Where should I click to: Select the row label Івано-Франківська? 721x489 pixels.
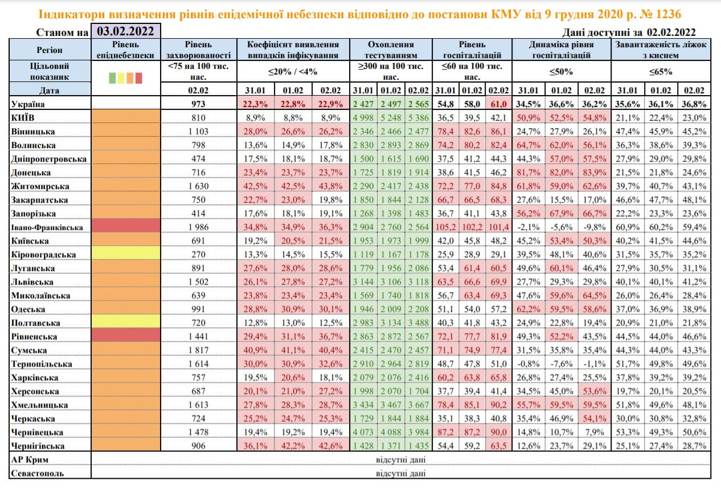pos(47,227)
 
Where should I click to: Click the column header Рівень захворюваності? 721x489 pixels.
pos(199,50)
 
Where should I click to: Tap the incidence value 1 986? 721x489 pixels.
pos(199,227)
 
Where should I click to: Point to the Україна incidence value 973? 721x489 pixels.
pos(199,104)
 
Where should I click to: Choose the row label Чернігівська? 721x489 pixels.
pos(38,446)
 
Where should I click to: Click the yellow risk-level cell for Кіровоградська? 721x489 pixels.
pos(125,254)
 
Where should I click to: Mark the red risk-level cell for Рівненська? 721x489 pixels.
pos(125,336)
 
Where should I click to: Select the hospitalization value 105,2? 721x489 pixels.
pos(446,227)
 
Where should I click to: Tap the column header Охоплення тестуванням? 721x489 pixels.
pos(391,50)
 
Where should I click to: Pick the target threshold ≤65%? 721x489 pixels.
pos(661,72)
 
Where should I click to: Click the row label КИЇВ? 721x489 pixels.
pos(24,118)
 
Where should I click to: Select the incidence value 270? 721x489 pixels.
pos(199,254)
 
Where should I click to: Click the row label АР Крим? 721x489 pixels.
pos(29,459)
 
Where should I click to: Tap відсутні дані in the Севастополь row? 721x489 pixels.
pos(400,473)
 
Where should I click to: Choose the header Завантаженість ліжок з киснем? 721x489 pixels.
pos(661,50)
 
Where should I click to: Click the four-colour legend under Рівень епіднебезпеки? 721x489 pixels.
pos(125,77)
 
